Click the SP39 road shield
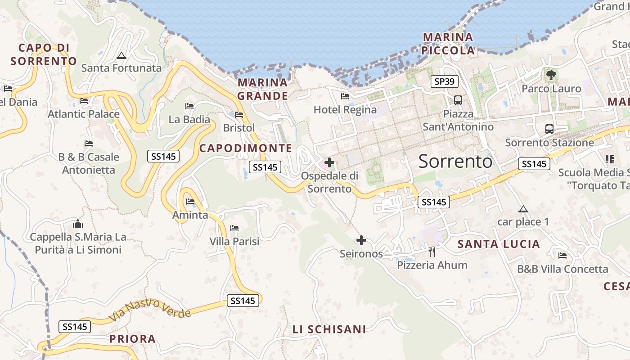point(445,81)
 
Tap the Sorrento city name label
point(455,161)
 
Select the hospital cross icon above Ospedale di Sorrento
point(329,162)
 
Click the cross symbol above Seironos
point(361,240)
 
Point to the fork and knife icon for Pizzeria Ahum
point(432,252)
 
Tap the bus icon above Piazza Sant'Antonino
point(458,100)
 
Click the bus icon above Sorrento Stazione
point(549,129)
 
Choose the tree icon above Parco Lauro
point(551,75)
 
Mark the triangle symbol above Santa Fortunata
point(121,56)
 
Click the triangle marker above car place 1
point(523,209)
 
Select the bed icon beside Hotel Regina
point(345,96)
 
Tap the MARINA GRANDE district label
point(263,89)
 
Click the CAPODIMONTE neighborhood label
point(246,148)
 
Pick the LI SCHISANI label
point(329,329)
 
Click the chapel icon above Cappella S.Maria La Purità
point(78,224)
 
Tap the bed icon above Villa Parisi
point(234,228)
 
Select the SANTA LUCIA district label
point(499,244)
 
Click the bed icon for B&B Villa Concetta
point(562,256)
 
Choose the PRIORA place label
point(133,339)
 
